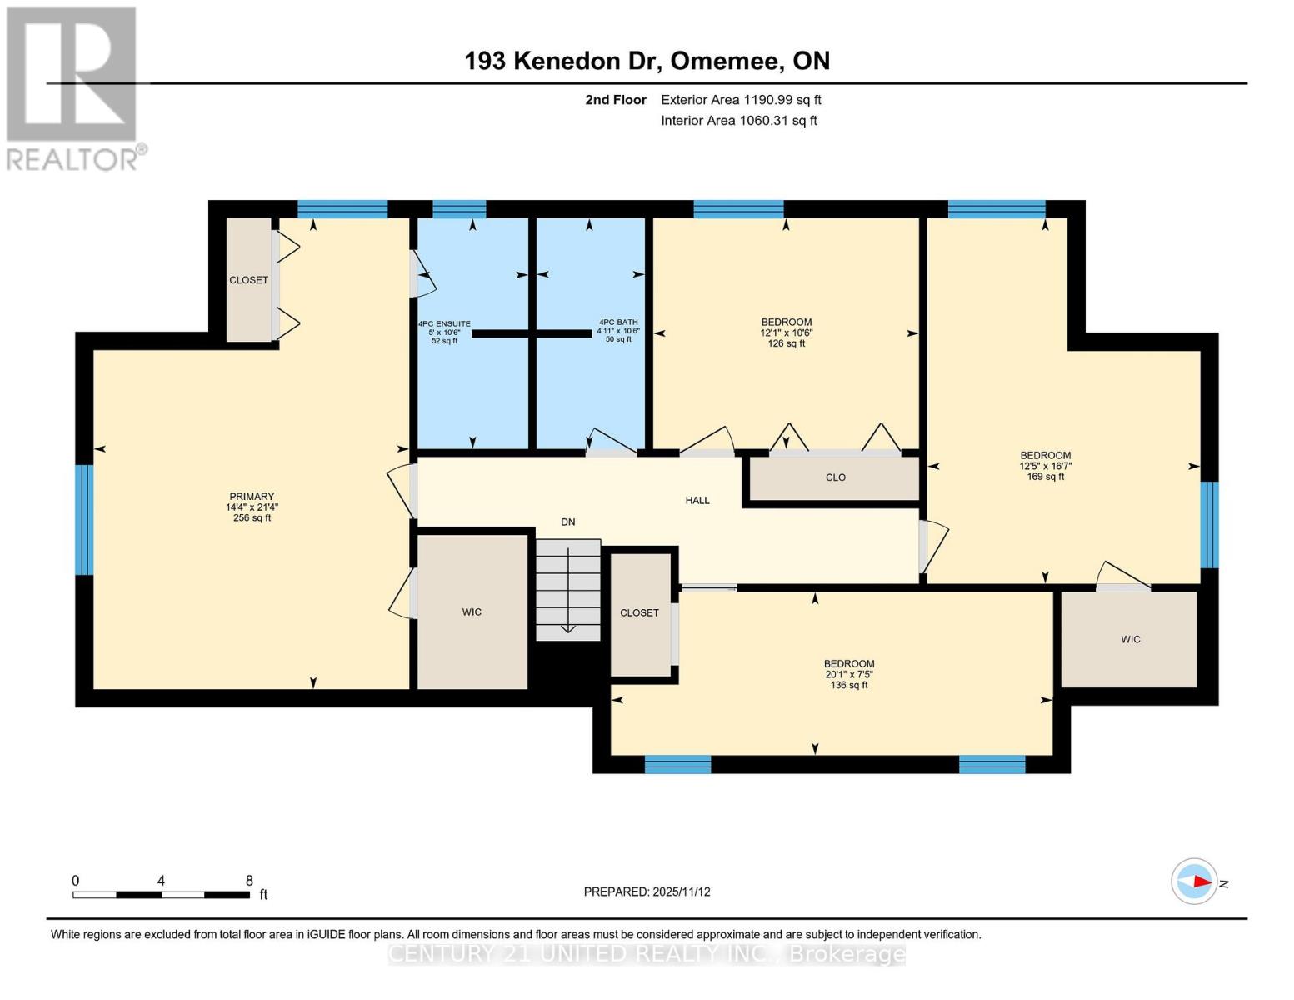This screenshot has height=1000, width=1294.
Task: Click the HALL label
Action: (x=697, y=501)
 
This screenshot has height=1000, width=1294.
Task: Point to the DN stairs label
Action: (x=567, y=522)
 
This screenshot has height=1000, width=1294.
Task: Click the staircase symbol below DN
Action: (x=567, y=589)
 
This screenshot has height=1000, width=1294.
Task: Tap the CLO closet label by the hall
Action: (x=835, y=477)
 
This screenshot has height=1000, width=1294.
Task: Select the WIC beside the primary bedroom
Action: (x=472, y=612)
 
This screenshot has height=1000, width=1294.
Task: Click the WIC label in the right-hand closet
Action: (x=1130, y=640)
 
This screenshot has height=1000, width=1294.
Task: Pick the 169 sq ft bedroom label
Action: (x=1045, y=466)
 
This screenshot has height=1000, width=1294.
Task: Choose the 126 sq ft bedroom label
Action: (x=786, y=332)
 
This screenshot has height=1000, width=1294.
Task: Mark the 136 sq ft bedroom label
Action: (x=849, y=674)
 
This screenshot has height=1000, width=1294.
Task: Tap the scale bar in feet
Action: (x=161, y=894)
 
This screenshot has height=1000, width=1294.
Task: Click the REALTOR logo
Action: (x=73, y=87)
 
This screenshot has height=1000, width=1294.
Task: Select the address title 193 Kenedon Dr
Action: (x=647, y=61)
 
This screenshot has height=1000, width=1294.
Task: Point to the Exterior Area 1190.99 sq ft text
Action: (x=741, y=100)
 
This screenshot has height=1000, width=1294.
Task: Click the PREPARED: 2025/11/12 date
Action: (x=647, y=892)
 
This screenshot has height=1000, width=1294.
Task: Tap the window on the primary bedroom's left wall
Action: (x=84, y=520)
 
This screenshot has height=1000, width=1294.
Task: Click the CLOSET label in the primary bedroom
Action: (x=248, y=280)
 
